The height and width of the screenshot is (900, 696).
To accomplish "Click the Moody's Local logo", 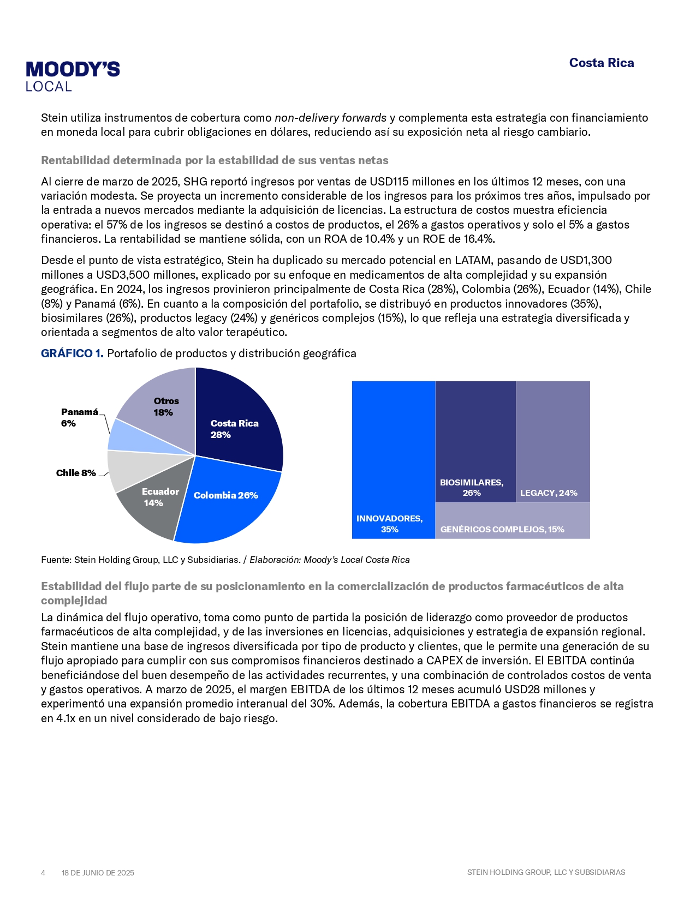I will (73, 76).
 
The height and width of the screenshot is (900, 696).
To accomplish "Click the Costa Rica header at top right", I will (601, 63).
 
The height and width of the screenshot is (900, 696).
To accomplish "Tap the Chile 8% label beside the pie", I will (76, 473).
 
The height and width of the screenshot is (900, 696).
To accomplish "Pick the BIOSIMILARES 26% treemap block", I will (475, 436).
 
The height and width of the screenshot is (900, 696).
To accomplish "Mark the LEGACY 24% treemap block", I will (552, 436).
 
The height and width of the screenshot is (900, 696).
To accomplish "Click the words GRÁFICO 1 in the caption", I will (72, 353).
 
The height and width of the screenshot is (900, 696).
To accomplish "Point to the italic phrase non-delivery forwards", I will (330, 118).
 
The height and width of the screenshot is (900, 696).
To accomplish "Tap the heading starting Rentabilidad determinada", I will (215, 160).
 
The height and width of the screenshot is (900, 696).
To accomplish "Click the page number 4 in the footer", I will (43, 873).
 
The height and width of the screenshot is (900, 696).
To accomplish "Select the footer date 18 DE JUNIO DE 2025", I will (98, 873).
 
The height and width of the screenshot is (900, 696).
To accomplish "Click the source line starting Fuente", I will (225, 560).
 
